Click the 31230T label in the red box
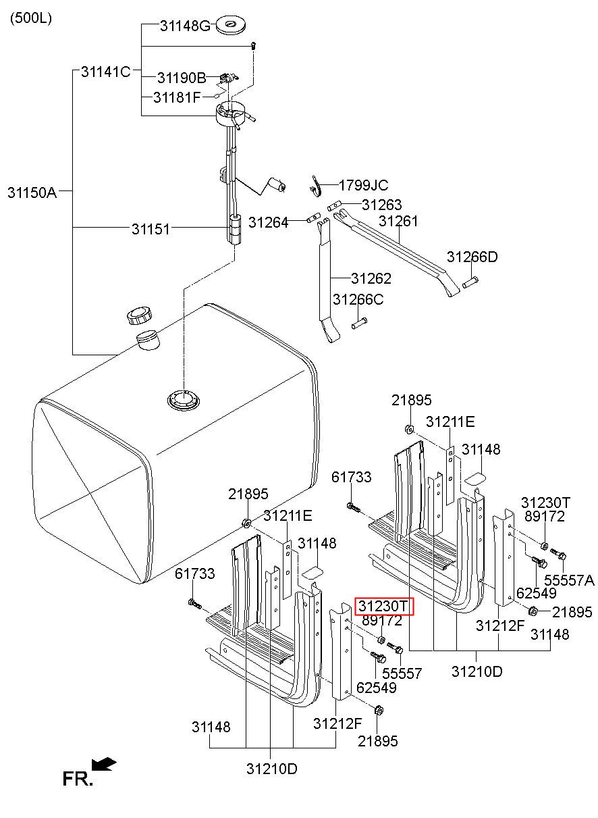tap(383, 607)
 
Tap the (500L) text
tap(31, 18)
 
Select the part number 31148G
tap(185, 26)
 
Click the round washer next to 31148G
tap(231, 26)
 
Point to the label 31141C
tap(105, 72)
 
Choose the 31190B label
tap(182, 78)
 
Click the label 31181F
tap(177, 97)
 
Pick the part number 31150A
tap(32, 192)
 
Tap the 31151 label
tap(151, 230)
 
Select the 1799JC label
tap(363, 185)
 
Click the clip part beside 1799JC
tap(317, 186)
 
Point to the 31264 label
tap(268, 222)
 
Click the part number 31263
tap(381, 205)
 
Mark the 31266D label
tap(472, 257)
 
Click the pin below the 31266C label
tap(359, 324)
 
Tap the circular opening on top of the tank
tap(184, 400)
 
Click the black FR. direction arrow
tap(104, 764)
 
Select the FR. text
tap(78, 779)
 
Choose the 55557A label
tap(569, 580)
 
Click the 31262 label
tap(371, 278)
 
